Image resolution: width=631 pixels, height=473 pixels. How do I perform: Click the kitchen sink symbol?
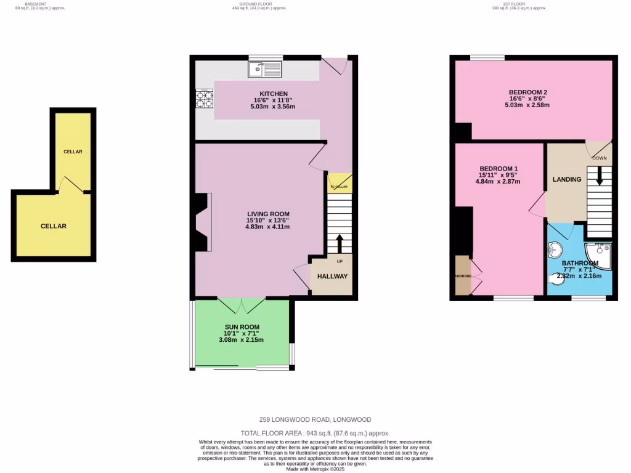click(x=266, y=70)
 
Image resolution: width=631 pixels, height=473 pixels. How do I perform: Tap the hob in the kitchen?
click(x=204, y=99)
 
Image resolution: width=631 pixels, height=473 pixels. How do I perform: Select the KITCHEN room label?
click(x=273, y=94)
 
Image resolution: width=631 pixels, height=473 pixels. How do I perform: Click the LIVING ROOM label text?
click(x=267, y=214)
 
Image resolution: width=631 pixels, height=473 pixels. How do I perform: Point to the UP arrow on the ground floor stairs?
click(x=338, y=243)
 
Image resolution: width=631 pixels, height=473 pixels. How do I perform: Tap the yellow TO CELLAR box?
click(x=338, y=183)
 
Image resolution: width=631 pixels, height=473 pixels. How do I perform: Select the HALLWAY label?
click(x=332, y=277)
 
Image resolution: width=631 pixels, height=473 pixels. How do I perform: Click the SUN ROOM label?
click(x=242, y=327)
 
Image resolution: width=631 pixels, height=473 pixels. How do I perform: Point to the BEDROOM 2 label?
click(x=528, y=92)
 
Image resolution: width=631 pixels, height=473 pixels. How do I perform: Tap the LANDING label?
click(x=566, y=180)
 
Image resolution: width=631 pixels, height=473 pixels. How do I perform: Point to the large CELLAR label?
click(x=54, y=226)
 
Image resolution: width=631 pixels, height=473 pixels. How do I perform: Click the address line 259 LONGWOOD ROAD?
click(x=315, y=419)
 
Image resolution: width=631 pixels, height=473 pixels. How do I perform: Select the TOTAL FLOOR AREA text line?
click(x=315, y=433)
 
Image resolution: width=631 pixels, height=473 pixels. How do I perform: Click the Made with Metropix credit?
click(x=315, y=469)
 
